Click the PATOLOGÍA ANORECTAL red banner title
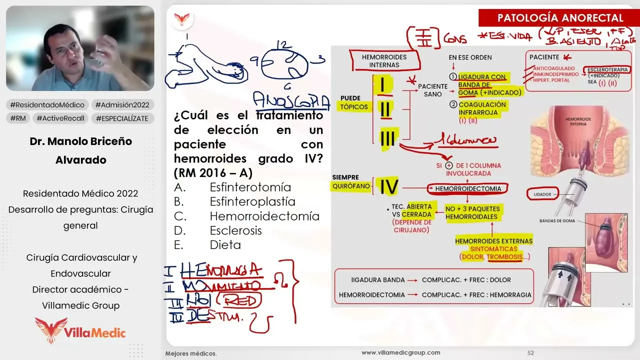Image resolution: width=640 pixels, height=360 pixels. point(560,18)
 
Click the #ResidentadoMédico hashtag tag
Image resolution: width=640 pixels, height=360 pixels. point(48,105)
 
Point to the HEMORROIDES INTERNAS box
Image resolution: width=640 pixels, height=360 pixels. point(384,61)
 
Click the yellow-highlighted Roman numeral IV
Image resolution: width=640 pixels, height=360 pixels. point(388,187)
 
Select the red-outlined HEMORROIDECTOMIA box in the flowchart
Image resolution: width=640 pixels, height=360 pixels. point(467,189)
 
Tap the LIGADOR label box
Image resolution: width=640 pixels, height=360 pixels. point(542,193)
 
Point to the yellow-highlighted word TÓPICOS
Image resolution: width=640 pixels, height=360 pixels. point(353,106)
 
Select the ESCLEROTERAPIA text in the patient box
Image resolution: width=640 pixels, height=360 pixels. point(607,69)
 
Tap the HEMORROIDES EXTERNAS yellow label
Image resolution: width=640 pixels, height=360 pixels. point(493,241)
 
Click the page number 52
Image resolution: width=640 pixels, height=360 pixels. point(530,353)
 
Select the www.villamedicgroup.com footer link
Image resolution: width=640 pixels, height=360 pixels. point(400,352)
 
